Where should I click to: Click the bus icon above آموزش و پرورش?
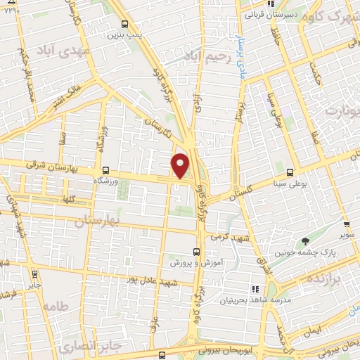(x=196, y=251)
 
